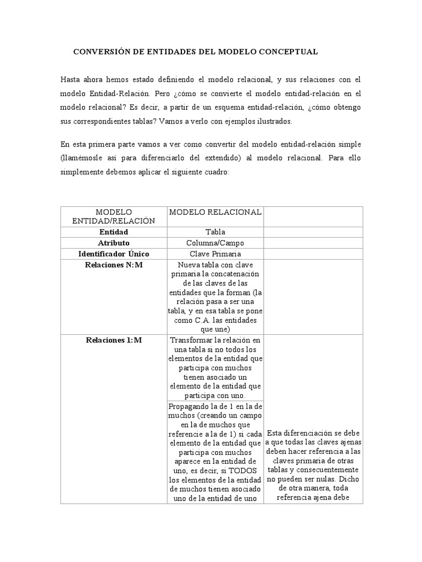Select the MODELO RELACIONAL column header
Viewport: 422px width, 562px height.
[x=215, y=212]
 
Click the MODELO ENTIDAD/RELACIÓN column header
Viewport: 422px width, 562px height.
[x=114, y=216]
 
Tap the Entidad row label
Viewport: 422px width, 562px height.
[x=114, y=232]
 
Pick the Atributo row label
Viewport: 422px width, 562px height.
[x=114, y=243]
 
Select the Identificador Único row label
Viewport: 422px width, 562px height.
[x=114, y=254]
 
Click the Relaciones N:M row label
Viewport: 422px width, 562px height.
[x=114, y=265]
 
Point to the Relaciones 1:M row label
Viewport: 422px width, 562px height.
[x=114, y=340]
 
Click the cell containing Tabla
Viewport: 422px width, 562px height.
[x=215, y=232]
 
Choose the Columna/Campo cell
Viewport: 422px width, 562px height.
[x=215, y=243]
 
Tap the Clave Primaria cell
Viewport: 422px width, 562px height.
[x=215, y=254]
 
